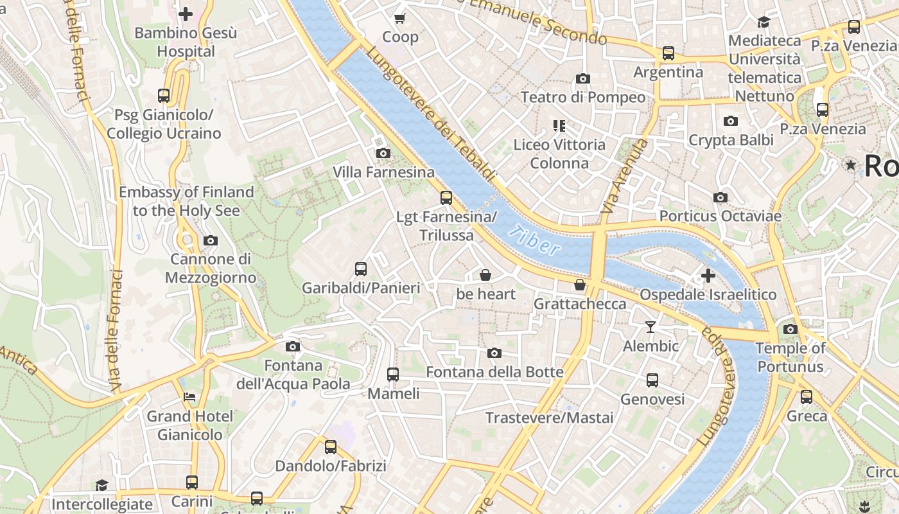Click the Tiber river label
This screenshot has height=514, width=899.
(534, 240)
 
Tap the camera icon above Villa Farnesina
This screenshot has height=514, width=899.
(383, 153)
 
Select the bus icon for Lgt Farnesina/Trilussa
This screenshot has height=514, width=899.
(446, 198)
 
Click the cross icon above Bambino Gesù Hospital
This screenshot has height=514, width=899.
(186, 13)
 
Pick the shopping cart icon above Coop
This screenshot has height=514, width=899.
(400, 18)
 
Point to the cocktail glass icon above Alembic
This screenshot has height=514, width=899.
(650, 327)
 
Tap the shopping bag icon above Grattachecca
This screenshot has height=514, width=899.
(580, 285)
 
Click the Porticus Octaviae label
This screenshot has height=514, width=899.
(720, 216)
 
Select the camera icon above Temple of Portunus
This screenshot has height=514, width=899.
(790, 329)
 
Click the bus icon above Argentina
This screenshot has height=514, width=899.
(668, 53)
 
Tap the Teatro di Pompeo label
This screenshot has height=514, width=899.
(583, 97)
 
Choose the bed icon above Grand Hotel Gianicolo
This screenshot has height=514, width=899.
(189, 396)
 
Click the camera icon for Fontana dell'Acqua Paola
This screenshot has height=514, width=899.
(293, 346)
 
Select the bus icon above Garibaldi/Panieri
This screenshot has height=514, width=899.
(361, 269)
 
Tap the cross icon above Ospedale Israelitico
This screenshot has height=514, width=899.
(708, 276)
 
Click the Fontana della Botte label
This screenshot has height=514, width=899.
(494, 372)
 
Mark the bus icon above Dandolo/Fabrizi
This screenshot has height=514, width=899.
(331, 447)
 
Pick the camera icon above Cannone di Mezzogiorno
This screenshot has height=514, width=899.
(210, 240)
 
